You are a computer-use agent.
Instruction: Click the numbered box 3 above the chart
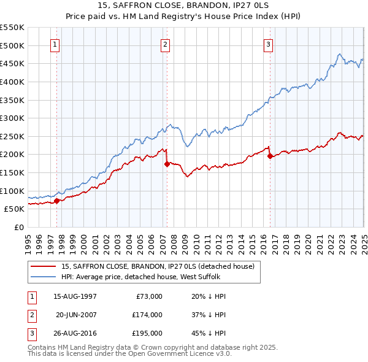(x=269, y=44)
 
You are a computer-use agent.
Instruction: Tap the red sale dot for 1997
(x=56, y=201)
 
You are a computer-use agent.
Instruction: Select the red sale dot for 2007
(x=167, y=164)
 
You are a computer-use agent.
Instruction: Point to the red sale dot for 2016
(x=270, y=156)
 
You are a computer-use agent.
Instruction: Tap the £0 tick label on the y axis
(x=18, y=227)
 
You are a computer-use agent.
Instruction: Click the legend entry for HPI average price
(x=144, y=277)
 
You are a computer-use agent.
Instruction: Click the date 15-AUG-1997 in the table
(x=75, y=296)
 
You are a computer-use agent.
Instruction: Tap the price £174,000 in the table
(x=147, y=315)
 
